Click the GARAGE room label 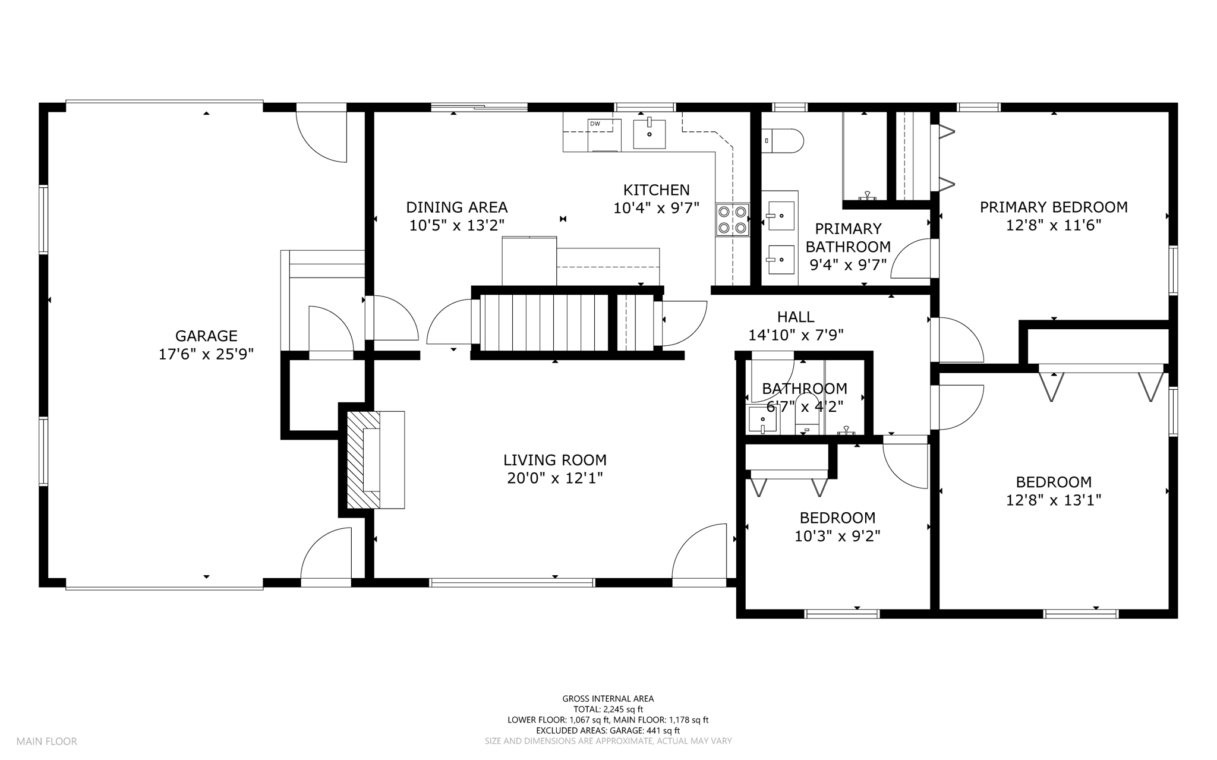[x=206, y=336]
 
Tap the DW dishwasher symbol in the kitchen [x=604, y=135]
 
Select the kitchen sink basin [x=649, y=134]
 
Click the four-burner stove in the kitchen [x=733, y=220]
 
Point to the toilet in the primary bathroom [x=783, y=141]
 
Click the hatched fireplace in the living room [x=363, y=459]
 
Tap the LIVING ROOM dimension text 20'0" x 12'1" [x=555, y=478]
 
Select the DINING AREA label [x=457, y=207]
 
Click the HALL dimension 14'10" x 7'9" [x=796, y=336]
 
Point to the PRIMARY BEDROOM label [x=1054, y=207]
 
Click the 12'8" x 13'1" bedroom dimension [x=1054, y=500]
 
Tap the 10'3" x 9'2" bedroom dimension [x=837, y=537]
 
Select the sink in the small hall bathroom [x=762, y=420]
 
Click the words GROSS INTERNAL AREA [x=608, y=699]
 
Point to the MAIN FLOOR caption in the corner [x=47, y=742]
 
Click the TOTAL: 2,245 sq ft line [x=608, y=709]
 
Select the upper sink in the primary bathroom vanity [x=780, y=216]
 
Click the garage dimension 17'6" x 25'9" [x=206, y=355]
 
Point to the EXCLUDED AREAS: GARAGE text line [x=608, y=731]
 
